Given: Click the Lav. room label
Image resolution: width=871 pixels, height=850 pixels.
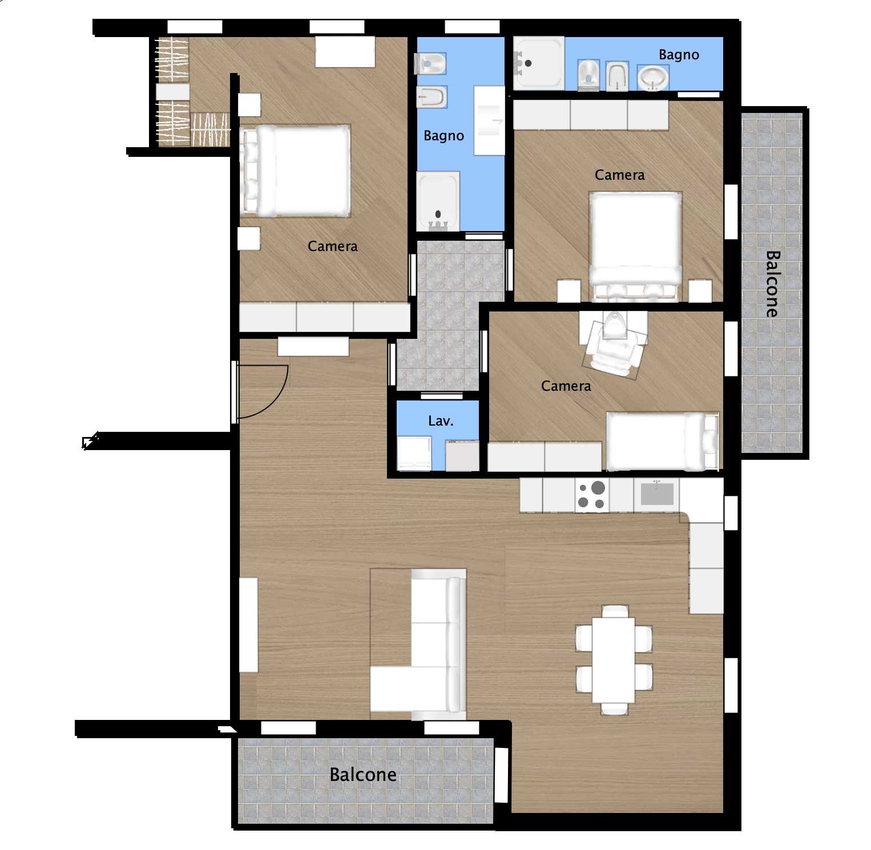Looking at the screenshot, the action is tap(441, 421).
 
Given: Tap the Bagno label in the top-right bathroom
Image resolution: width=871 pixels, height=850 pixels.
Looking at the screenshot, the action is tap(679, 55).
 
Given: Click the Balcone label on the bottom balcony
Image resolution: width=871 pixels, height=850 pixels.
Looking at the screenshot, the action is tap(363, 774).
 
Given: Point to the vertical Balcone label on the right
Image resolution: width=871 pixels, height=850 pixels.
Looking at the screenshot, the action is tap(772, 284).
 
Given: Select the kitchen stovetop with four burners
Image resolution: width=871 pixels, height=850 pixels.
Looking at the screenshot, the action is tap(592, 495).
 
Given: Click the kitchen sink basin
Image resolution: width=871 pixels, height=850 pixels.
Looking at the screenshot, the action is tap(657, 493).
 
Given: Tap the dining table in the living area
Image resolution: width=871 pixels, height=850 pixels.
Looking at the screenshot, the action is tap(614, 660).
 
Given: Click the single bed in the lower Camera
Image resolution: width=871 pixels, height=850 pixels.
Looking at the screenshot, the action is tap(663, 441).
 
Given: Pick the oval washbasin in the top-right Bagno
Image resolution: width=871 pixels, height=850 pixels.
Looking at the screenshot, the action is tap(653, 78).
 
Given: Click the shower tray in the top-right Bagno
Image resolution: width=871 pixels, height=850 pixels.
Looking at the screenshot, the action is tap(538, 63).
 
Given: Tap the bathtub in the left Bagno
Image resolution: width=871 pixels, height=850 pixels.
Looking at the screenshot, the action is tap(438, 201).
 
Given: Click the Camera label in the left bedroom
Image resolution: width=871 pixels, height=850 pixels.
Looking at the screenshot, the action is tap(333, 246).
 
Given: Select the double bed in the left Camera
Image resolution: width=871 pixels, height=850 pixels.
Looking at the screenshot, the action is tap(295, 171).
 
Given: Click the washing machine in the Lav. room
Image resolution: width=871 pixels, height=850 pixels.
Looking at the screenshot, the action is tap(414, 454).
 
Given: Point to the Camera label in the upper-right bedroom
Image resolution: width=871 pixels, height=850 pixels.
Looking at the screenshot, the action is tap(620, 175).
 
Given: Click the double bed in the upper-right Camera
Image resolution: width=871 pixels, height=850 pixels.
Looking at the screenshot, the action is tap(635, 246).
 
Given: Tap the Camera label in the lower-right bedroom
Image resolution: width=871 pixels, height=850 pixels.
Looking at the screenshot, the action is tap(566, 386).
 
